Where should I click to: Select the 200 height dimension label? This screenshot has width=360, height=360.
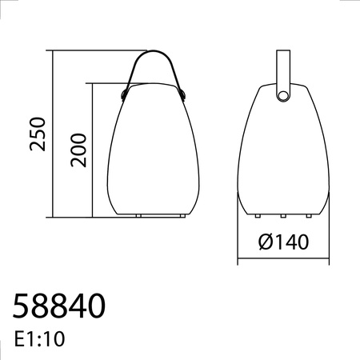pos(78,150)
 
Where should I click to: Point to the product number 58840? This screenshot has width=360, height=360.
pos(59,306)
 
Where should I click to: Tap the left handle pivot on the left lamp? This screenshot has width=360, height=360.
pos(125,95)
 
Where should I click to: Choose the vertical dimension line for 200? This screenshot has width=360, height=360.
pos(94,150)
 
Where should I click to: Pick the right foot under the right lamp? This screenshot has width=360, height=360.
pos(306,215)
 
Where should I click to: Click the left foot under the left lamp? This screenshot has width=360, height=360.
pos(139,215)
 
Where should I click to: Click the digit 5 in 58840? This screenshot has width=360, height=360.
pos(23,306)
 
